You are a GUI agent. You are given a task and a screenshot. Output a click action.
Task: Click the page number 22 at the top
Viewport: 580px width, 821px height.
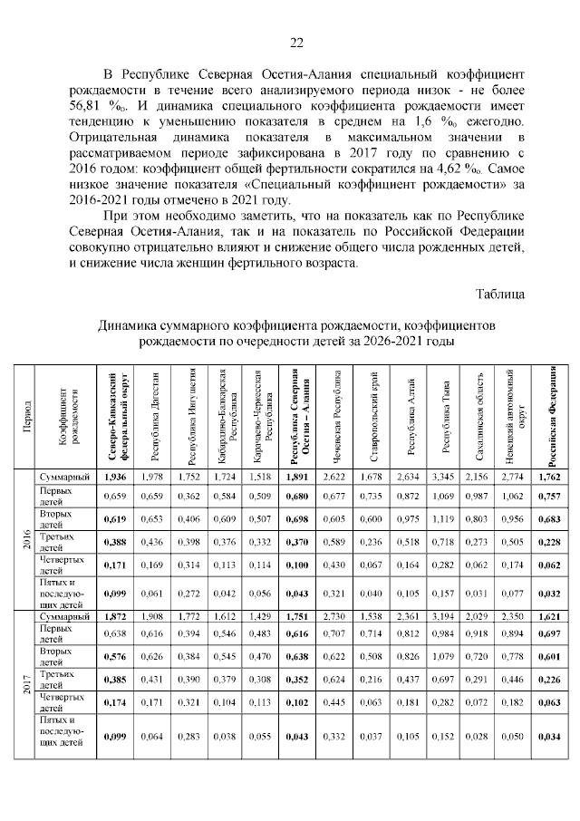tap(295, 43)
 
